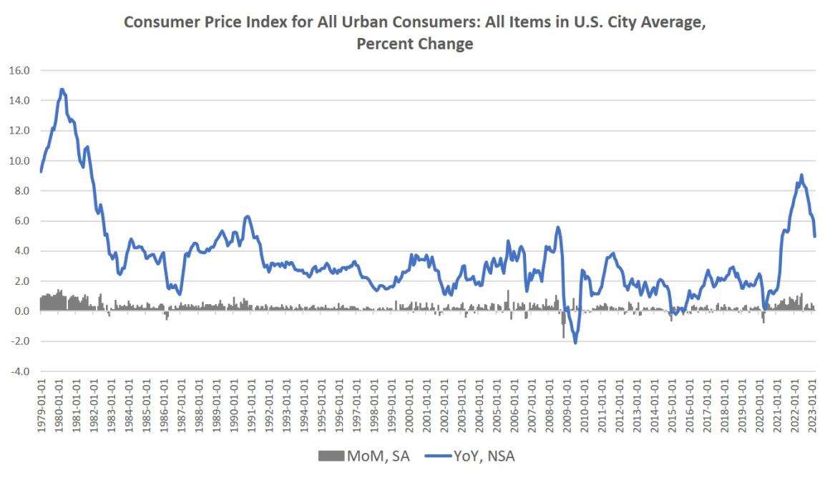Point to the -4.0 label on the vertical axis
pyautogui.click(x=19, y=371)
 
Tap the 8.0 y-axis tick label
pyautogui.click(x=21, y=191)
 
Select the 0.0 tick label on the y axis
pyautogui.click(x=21, y=311)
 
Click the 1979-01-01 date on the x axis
pyautogui.click(x=41, y=406)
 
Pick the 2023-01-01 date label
pyautogui.click(x=813, y=406)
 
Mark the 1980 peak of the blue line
pyautogui.click(x=62, y=89)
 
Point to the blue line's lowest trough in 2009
pyautogui.click(x=575, y=343)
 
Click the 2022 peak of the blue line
pyautogui.click(x=801, y=175)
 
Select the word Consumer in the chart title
pyautogui.click(x=156, y=23)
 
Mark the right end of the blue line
pyautogui.click(x=815, y=236)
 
